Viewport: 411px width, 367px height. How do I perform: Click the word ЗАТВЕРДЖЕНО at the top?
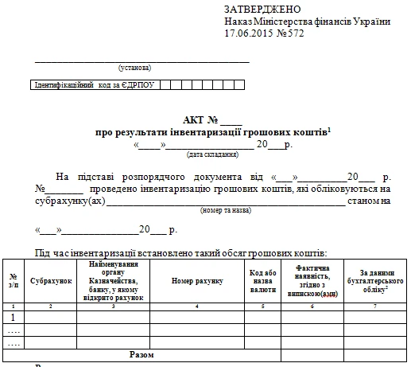[x=262, y=9]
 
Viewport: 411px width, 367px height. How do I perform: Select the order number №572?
[x=291, y=35]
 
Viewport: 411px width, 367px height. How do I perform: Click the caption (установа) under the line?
[x=134, y=68]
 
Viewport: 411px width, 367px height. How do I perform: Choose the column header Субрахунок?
[x=51, y=281]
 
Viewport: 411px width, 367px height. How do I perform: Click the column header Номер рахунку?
[x=197, y=281]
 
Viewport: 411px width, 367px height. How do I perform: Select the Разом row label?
[x=141, y=353]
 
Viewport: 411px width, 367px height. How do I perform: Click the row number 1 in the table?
[x=13, y=318]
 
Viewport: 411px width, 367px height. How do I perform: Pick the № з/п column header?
[x=13, y=281]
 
